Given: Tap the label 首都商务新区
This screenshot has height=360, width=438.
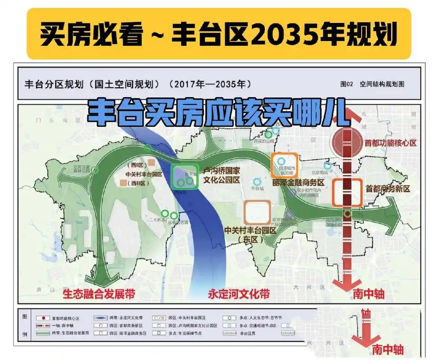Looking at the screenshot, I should pos(388,189).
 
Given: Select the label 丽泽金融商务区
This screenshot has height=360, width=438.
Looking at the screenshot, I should pos(298,183).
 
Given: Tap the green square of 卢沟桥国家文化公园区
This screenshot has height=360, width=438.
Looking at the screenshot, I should pos(185,177).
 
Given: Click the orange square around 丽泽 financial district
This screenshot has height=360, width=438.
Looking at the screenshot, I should pos(284,165).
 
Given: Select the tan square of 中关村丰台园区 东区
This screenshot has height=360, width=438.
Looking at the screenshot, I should pos(257,212).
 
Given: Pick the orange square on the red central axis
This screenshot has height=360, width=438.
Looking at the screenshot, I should pos(347,193).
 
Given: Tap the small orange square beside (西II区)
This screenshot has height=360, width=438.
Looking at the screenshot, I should pos(123,183).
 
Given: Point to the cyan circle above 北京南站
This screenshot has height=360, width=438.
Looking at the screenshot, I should pos(328,165).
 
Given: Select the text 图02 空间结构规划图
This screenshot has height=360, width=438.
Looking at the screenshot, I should pos(373,84).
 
